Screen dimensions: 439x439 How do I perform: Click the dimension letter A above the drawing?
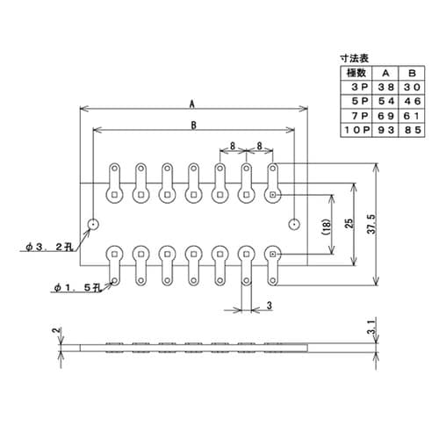click(x=191, y=103)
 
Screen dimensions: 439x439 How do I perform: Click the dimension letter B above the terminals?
click(x=191, y=125)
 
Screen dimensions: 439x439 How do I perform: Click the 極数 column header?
click(x=355, y=74)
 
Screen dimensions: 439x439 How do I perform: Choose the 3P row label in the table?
click(x=355, y=89)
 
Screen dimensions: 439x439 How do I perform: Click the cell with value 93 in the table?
click(x=384, y=131)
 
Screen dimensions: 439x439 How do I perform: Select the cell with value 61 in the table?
click(x=410, y=117)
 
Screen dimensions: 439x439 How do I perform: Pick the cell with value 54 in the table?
click(x=384, y=103)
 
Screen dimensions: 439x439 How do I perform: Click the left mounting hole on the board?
click(x=93, y=223)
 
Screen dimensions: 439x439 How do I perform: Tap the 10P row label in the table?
click(x=355, y=131)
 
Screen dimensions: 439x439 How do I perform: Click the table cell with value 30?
click(x=410, y=89)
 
